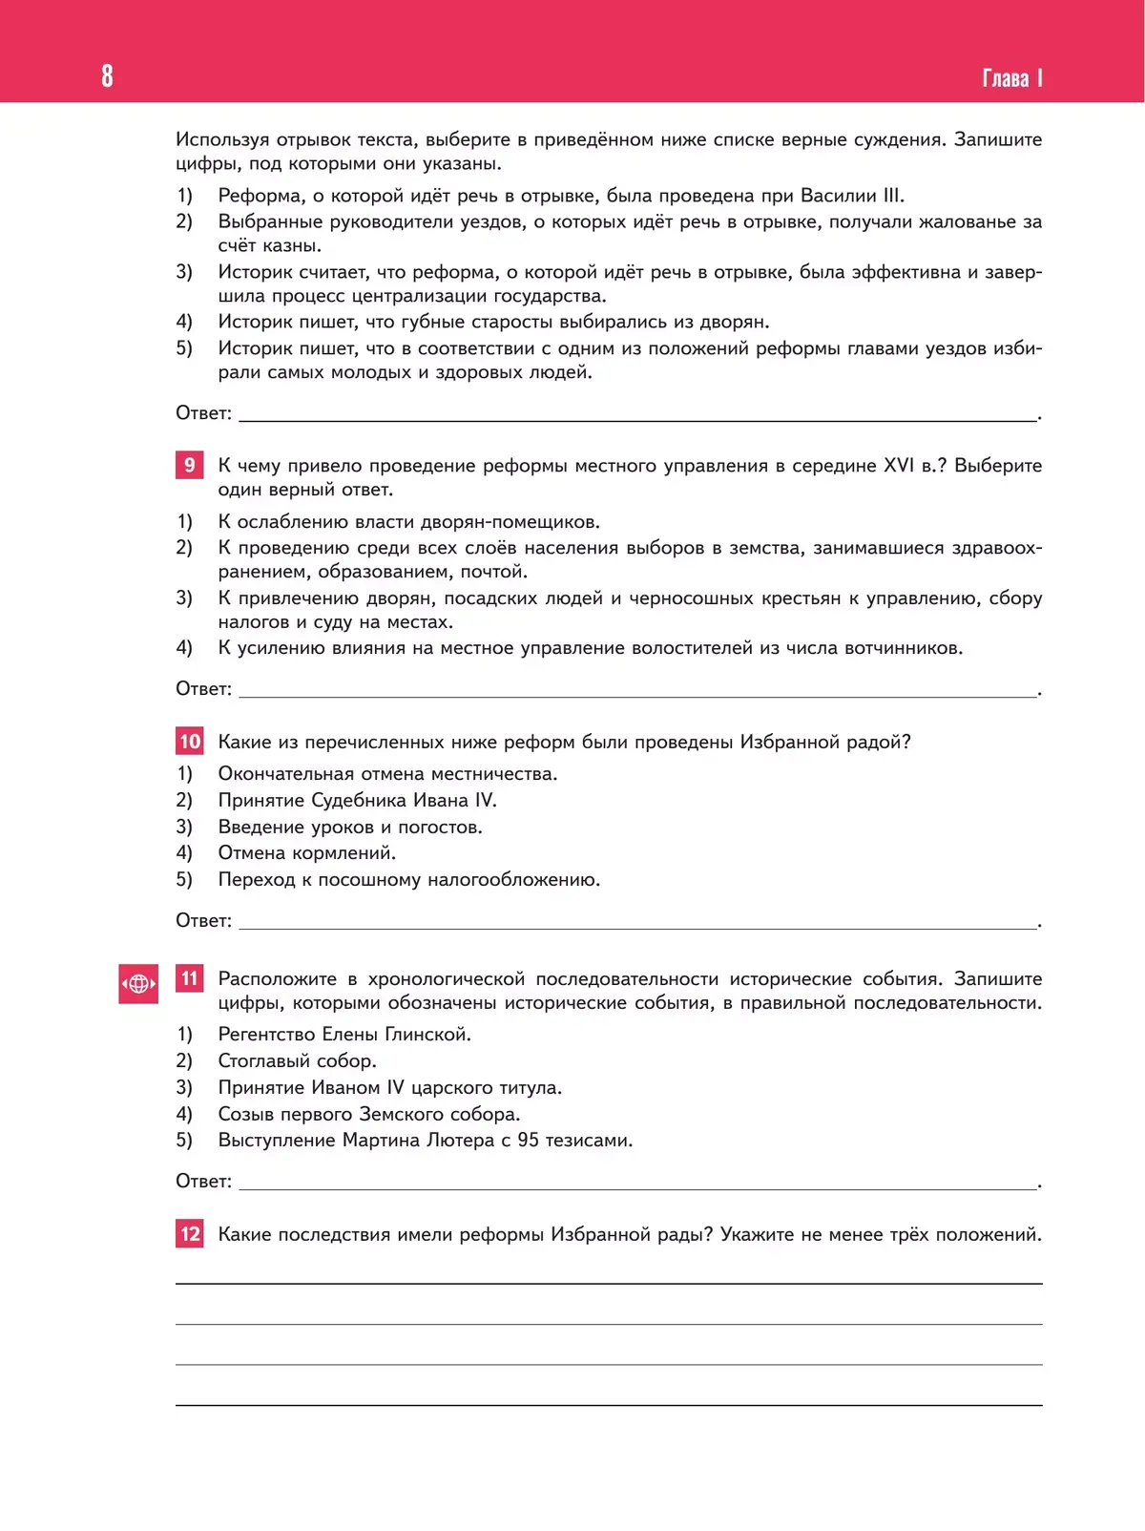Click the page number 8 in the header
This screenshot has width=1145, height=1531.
click(107, 75)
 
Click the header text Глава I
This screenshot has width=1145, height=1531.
click(1011, 78)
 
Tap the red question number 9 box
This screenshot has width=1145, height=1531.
click(190, 465)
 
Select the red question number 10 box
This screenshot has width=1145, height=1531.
click(190, 742)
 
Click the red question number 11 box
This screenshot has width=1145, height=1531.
click(190, 978)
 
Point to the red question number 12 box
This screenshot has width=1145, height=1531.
click(190, 1234)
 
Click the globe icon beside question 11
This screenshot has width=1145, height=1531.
click(138, 984)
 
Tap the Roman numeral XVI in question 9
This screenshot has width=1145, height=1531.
click(899, 465)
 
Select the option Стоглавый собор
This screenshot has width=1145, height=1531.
click(297, 1060)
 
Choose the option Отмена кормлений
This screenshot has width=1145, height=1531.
click(306, 852)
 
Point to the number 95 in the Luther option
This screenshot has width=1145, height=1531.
click(528, 1140)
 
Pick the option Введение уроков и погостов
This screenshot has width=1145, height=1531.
click(350, 827)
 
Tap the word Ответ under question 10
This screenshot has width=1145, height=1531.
click(203, 920)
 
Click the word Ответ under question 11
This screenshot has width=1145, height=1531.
click(203, 1181)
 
